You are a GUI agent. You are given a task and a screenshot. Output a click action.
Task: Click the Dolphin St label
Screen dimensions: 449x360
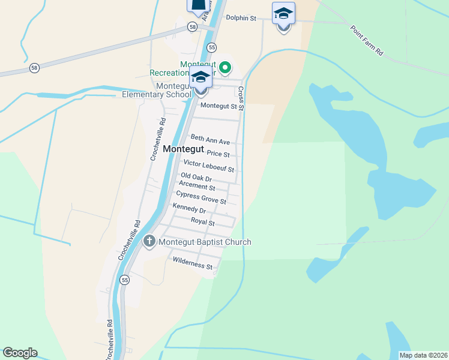(241, 18)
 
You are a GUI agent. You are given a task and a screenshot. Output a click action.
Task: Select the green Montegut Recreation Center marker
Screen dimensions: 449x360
(225, 67)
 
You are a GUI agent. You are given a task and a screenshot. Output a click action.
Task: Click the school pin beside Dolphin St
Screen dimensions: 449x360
(283, 14)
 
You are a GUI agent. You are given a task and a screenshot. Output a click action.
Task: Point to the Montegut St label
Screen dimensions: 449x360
(219, 106)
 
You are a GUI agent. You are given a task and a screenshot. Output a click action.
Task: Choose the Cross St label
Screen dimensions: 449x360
(241, 98)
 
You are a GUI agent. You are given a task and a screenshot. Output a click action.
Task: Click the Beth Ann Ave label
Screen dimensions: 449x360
(210, 140)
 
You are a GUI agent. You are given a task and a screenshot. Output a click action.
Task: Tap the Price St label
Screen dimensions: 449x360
(218, 154)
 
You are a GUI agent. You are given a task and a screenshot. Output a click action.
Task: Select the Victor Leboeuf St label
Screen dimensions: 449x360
(208, 166)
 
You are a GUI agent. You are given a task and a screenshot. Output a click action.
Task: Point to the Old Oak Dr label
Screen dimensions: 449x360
(196, 178)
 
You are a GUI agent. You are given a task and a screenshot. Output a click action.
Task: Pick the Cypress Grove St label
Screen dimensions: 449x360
(201, 197)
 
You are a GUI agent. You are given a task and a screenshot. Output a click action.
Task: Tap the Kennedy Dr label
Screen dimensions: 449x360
(189, 209)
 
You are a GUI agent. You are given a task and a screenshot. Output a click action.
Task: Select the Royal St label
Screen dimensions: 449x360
(203, 222)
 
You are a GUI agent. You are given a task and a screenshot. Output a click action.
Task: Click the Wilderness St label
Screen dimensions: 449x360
(193, 264)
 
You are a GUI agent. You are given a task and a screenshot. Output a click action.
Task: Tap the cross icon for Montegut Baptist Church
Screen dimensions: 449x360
(150, 242)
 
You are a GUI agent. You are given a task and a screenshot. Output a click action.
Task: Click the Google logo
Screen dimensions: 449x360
(20, 353)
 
